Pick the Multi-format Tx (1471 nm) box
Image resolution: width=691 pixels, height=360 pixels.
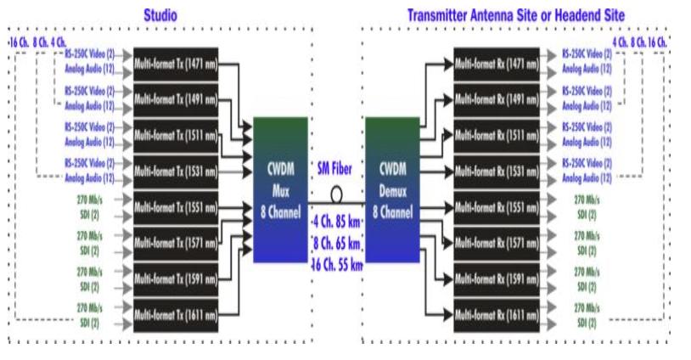coord(176,63)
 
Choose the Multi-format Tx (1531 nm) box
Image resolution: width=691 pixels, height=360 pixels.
coord(176,169)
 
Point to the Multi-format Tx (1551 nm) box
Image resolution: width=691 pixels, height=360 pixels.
coord(176,206)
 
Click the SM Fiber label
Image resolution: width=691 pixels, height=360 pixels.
coord(335,167)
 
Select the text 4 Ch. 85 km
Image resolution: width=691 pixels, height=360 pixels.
coord(336,225)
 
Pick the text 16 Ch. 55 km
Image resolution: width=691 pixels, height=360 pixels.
coord(336,263)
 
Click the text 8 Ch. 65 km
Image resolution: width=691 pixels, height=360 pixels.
coord(336,244)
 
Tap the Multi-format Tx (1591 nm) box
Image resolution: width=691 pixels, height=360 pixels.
coord(176,278)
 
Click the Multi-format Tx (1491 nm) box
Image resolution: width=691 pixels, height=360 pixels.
coord(176,98)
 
